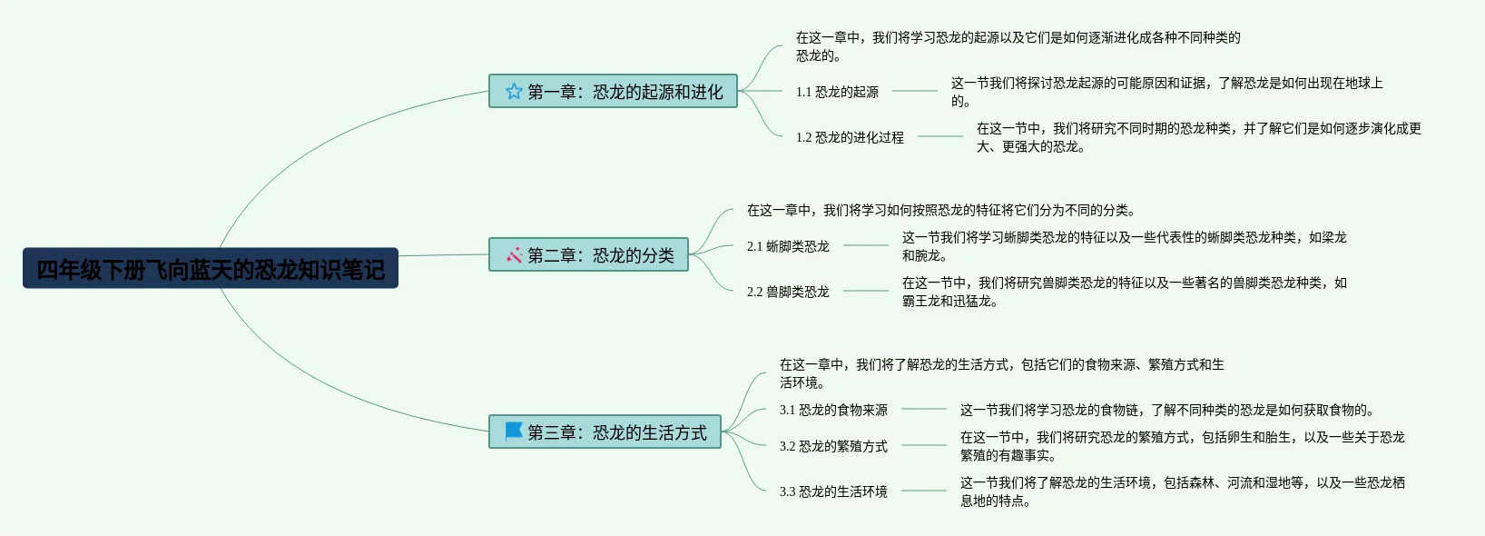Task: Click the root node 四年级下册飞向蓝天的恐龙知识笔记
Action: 210,269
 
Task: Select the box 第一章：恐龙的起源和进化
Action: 613,91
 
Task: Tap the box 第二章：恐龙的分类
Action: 588,254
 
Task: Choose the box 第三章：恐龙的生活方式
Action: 605,432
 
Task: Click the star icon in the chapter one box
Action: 514,91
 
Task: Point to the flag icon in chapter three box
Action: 514,431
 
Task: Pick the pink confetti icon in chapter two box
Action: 514,255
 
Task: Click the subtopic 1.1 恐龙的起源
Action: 837,92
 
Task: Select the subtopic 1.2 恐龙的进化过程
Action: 850,137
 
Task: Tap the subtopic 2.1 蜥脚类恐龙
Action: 788,246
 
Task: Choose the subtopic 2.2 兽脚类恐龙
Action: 788,292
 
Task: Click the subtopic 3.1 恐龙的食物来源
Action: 833,410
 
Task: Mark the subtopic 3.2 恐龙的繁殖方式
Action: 833,446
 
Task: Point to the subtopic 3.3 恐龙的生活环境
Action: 833,491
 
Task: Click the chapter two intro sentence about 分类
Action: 940,210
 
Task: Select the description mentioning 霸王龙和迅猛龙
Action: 1124,292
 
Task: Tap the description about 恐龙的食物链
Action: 1167,410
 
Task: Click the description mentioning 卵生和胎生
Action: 1182,446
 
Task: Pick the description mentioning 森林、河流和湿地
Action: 1182,491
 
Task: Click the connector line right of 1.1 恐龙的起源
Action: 915,91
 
